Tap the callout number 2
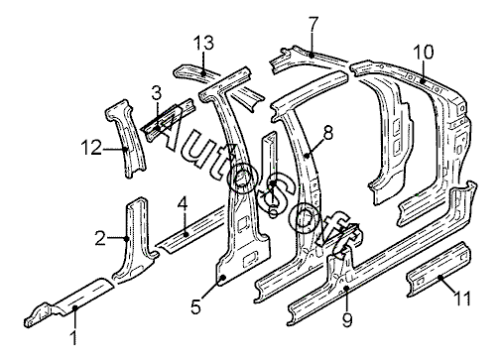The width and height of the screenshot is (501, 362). pyautogui.click(x=100, y=238)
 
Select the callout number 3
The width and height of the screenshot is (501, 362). pyautogui.click(x=157, y=93)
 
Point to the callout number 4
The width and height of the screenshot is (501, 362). pyautogui.click(x=183, y=204)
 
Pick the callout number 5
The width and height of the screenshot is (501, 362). pyautogui.click(x=195, y=307)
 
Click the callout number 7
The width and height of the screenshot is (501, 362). pyautogui.click(x=313, y=24)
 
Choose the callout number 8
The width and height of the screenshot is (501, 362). pyautogui.click(x=327, y=133)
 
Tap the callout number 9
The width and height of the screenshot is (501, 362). pyautogui.click(x=347, y=319)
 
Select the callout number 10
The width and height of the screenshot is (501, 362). pyautogui.click(x=423, y=53)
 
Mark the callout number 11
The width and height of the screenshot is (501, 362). pyautogui.click(x=462, y=299)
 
